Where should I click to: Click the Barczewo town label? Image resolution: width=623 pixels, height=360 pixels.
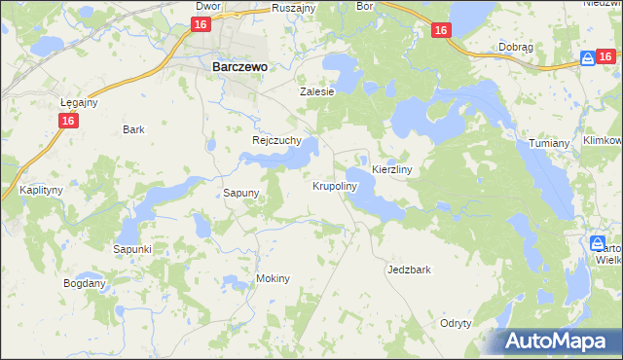pos(239,67)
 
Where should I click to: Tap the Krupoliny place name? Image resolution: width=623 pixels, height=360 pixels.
pos(336,185)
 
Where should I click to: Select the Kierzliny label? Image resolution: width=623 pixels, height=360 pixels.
pos(393,169)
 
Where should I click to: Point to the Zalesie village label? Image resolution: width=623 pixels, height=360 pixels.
pos(316,91)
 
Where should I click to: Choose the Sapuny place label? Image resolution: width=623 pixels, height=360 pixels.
pos(241,193)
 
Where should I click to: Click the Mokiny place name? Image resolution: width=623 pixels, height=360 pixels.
pos(273,278)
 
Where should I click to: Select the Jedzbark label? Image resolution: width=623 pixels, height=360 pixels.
pos(409,270)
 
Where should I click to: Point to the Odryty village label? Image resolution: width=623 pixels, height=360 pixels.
pos(456,323)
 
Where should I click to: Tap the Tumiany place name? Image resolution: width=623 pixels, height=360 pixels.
pos(549,143)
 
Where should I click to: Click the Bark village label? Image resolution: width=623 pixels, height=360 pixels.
pos(134,129)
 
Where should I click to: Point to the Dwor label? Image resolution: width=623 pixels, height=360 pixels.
pos(208,6)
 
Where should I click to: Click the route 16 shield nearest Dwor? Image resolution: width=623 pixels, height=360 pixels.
pos(201,25)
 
